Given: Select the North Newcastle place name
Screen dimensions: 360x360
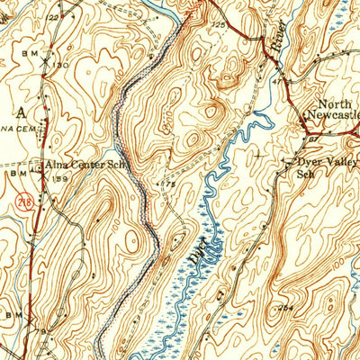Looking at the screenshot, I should [x=333, y=109].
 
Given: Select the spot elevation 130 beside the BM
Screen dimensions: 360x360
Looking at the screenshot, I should [x=60, y=66].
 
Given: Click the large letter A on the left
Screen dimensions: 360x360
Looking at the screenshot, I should [x=21, y=109].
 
